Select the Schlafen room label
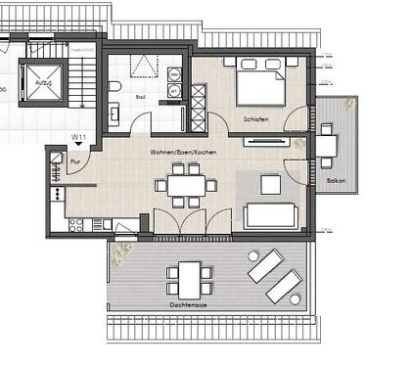click(257, 119)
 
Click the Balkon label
click(336, 182)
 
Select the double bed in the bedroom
click(259, 82)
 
